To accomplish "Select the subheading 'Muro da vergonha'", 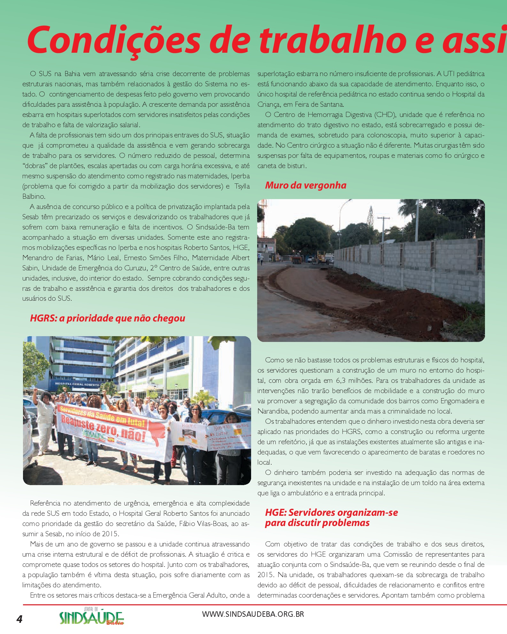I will pyautogui.click(x=305, y=185).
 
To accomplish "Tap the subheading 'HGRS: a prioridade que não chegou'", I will pyautogui.click(x=107, y=318).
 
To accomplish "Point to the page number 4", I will pyautogui.click(x=19, y=619).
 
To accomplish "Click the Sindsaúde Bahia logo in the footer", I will pyautogui.click(x=91, y=617).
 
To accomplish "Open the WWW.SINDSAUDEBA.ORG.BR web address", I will pyautogui.click(x=253, y=614).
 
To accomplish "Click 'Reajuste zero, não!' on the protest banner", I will pyautogui.click(x=103, y=428).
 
